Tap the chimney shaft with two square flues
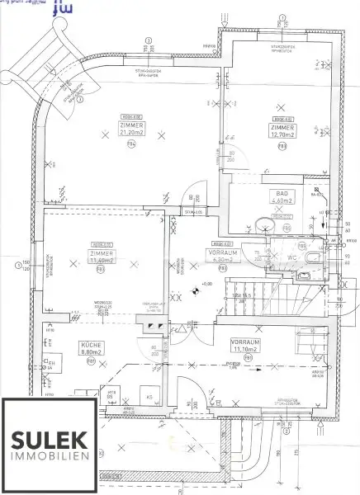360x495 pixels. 154,327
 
